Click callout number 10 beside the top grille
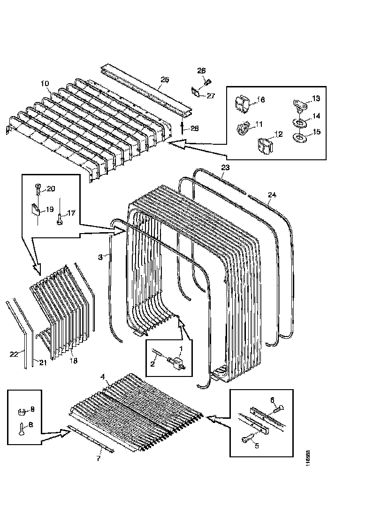[x=45, y=84]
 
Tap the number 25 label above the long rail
[x=164, y=80]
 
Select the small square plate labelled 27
[x=197, y=92]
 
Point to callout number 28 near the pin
[x=194, y=128]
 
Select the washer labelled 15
[x=299, y=138]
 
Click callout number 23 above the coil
[x=225, y=167]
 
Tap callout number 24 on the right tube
[x=273, y=195]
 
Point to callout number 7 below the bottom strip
[x=99, y=459]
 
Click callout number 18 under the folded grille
[x=74, y=361]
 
